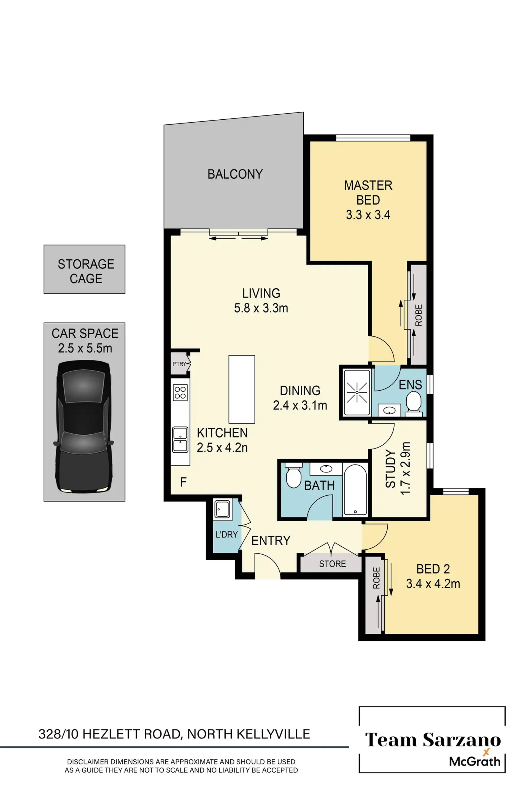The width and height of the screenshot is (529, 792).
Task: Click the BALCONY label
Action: pyautogui.click(x=235, y=174)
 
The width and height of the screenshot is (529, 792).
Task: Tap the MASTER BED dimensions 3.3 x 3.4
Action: pyautogui.click(x=368, y=215)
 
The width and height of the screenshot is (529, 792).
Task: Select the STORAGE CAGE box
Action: pyautogui.click(x=84, y=269)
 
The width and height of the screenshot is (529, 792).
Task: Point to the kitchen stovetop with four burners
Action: pyautogui.click(x=180, y=393)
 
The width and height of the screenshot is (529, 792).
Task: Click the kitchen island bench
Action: pyautogui.click(x=242, y=389)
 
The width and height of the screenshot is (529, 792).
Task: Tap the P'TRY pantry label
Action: pyautogui.click(x=179, y=364)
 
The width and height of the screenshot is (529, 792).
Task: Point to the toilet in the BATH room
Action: pyautogui.click(x=293, y=476)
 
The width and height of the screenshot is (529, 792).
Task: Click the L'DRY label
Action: pyautogui.click(x=227, y=535)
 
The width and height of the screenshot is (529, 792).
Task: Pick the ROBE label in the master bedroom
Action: pyautogui.click(x=418, y=315)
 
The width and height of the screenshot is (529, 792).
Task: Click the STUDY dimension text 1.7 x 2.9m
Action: pyautogui.click(x=405, y=468)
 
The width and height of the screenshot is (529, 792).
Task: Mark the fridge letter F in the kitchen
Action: pyautogui.click(x=183, y=482)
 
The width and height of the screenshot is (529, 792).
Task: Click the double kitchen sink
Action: pyautogui.click(x=180, y=440)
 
